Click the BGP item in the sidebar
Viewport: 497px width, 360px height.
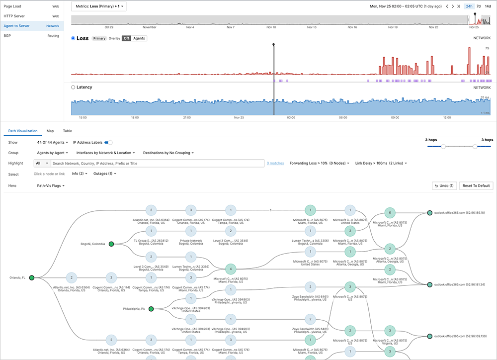tap(7, 36)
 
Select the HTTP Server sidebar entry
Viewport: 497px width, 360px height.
tap(15, 16)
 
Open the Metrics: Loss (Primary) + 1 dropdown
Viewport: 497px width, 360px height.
tap(98, 6)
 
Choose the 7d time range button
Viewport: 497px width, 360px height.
tap(478, 6)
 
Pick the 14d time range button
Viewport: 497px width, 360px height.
tap(488, 6)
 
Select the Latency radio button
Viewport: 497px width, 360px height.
tap(74, 88)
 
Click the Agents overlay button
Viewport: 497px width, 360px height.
tap(139, 38)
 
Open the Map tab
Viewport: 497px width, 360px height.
tap(50, 131)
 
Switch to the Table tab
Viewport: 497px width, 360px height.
tap(67, 131)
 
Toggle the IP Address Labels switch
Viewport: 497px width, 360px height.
tap(108, 142)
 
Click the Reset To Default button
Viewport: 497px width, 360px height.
tap(476, 185)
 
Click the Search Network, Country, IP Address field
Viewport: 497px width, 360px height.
tap(158, 163)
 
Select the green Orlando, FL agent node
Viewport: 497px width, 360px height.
tap(31, 277)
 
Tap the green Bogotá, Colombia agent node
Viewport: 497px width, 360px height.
tap(111, 244)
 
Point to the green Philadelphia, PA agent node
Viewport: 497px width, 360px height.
tap(151, 309)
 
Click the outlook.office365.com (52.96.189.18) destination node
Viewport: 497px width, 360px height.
tap(429, 213)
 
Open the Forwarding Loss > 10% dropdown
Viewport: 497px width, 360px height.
tap(320, 163)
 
